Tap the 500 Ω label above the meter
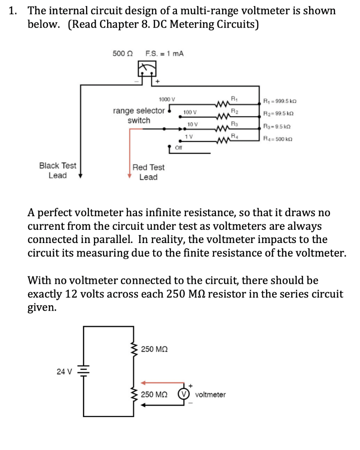point(122,54)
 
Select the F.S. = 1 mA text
point(164,54)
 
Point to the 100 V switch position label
point(190,112)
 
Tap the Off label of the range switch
point(178,148)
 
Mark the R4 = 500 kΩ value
point(277,140)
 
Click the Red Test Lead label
point(148,172)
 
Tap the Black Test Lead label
point(58,171)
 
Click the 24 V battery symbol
point(82,371)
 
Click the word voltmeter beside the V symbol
point(210,395)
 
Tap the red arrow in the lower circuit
point(162,382)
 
